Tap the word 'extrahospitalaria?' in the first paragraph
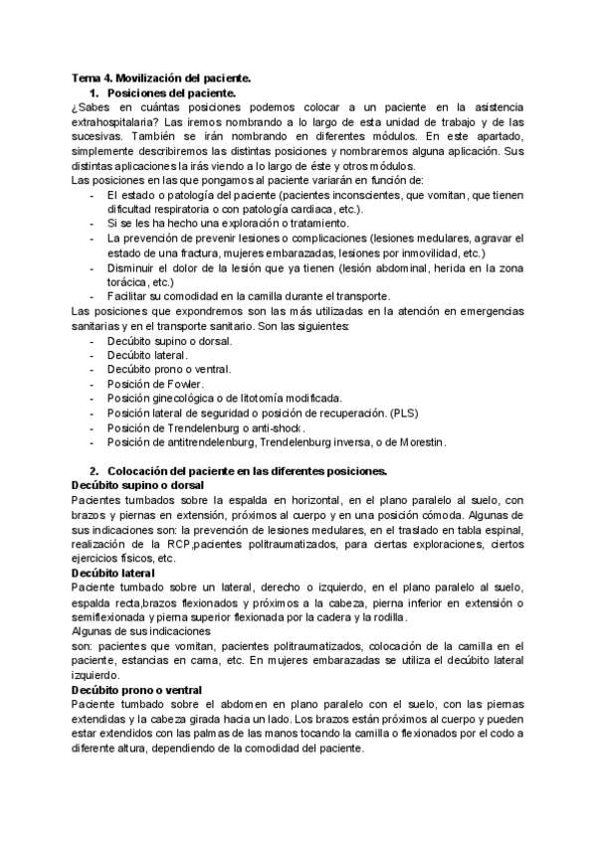[x=112, y=121]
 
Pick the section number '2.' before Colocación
[x=94, y=470]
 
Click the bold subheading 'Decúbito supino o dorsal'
[x=137, y=484]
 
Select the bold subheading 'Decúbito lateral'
[x=112, y=574]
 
